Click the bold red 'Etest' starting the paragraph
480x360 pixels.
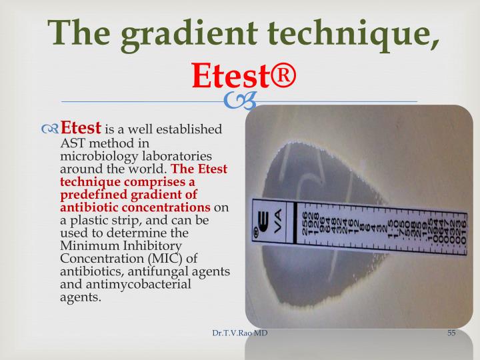click(81, 127)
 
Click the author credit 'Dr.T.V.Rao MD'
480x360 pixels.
click(235, 333)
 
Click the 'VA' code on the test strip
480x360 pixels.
click(279, 220)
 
